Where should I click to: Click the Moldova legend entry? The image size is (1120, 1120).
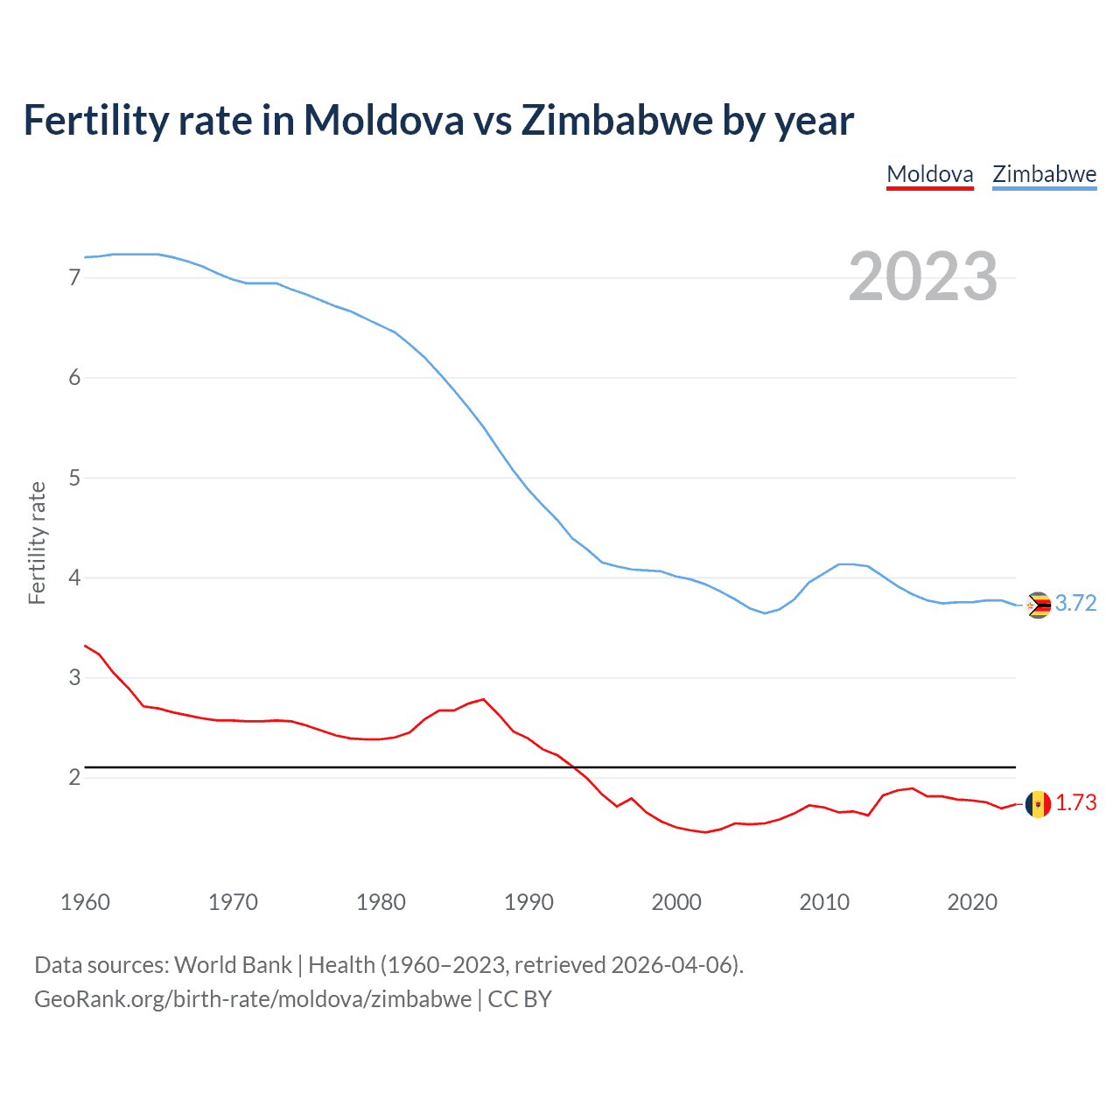tap(929, 174)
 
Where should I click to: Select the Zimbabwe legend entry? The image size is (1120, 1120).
tap(1044, 174)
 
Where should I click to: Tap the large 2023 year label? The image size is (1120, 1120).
tap(922, 276)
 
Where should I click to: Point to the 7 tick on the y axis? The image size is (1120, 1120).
tap(74, 277)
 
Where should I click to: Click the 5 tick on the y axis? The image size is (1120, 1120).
tap(74, 478)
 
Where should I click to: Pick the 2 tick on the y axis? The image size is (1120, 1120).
tap(74, 777)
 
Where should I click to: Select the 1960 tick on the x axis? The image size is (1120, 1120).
tap(85, 902)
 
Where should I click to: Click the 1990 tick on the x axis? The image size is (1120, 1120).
tap(528, 902)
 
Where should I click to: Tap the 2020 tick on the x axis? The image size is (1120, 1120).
tap(972, 902)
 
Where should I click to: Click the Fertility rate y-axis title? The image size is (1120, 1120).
tap(37, 542)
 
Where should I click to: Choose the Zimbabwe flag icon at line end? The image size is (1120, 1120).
tap(1038, 605)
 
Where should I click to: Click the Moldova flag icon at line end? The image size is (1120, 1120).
tap(1038, 804)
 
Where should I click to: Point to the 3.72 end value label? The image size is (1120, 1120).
tap(1075, 604)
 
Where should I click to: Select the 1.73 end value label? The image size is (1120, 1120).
tap(1075, 803)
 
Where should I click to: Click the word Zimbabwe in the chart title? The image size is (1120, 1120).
tap(616, 121)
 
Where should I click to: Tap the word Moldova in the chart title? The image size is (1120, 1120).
tap(383, 121)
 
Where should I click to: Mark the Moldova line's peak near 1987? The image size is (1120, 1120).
tap(483, 699)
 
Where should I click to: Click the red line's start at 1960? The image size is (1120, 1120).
tap(85, 646)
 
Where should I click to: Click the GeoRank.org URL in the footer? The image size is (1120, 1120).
tap(253, 999)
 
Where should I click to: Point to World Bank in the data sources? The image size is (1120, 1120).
tap(233, 965)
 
